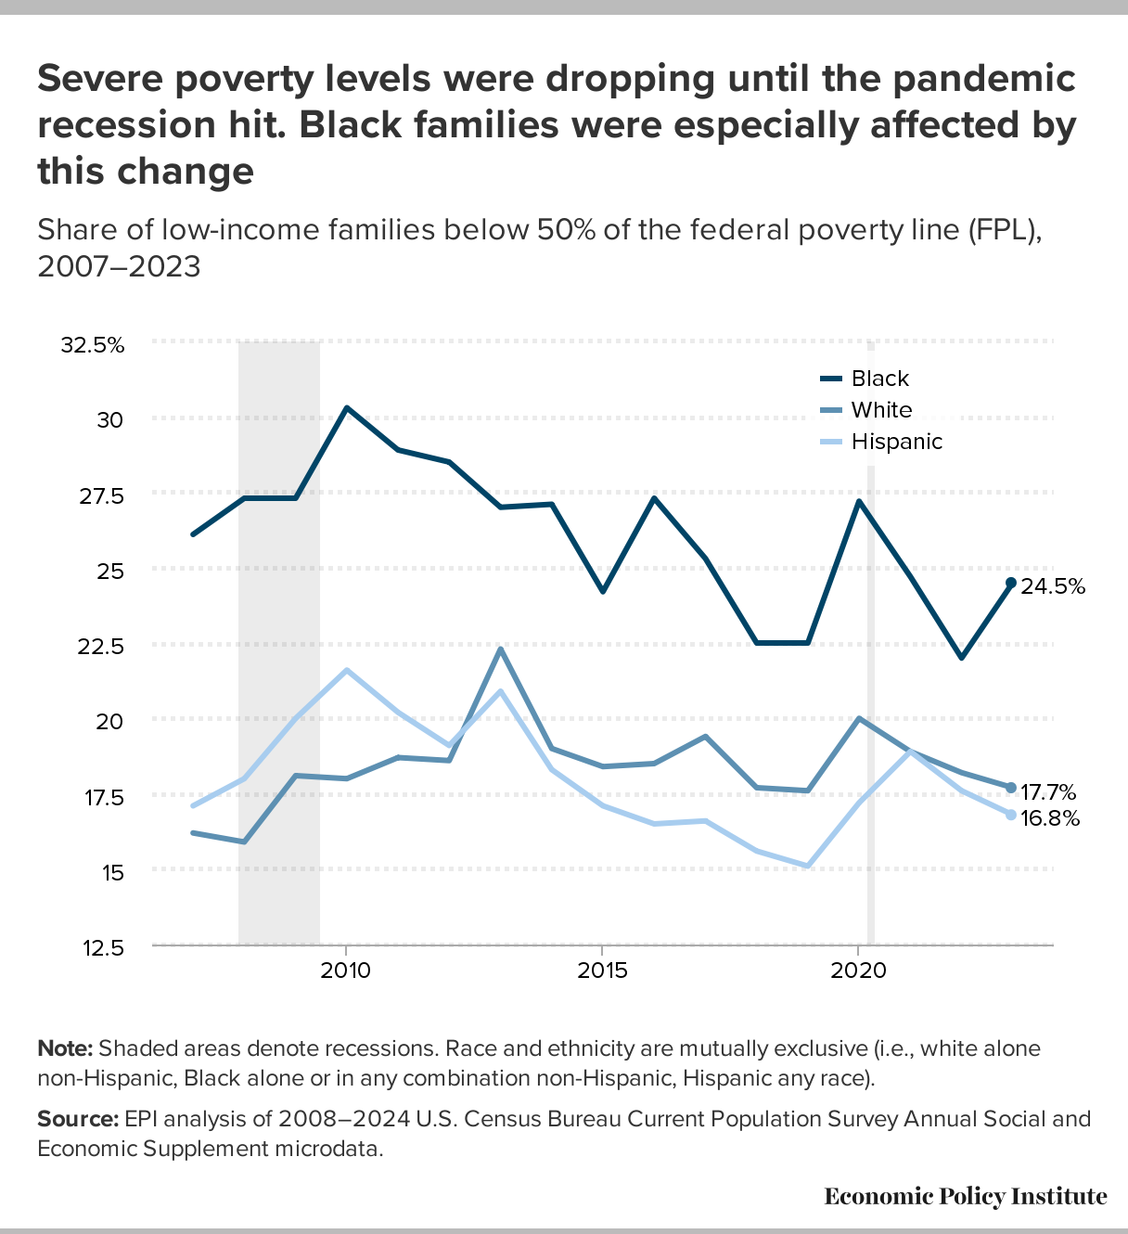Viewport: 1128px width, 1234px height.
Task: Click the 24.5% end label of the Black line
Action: pos(1053,585)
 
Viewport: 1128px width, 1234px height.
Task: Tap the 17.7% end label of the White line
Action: pos(1048,792)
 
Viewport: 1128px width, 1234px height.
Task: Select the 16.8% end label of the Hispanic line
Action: pos(1050,818)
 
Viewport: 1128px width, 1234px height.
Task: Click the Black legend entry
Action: pos(879,379)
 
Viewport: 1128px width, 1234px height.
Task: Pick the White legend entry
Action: pos(881,410)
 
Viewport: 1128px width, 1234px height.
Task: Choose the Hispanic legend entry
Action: pos(896,442)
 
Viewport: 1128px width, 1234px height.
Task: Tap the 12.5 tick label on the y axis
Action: pos(99,947)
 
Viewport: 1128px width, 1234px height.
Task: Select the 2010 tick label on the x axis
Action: pos(346,971)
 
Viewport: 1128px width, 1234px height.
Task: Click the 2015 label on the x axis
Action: pos(602,971)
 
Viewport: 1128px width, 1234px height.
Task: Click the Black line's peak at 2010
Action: pos(346,408)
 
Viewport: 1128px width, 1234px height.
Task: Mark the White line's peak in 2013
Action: pos(501,649)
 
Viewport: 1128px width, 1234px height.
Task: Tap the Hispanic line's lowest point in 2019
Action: pos(807,866)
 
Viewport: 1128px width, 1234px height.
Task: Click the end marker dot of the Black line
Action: pos(1011,583)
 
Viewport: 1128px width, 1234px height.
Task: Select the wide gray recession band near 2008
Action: pos(279,640)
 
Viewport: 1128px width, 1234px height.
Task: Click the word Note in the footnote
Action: pos(64,1048)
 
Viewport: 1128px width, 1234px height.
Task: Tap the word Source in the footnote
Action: pos(77,1118)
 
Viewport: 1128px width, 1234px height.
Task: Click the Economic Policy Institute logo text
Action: pos(966,1196)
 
